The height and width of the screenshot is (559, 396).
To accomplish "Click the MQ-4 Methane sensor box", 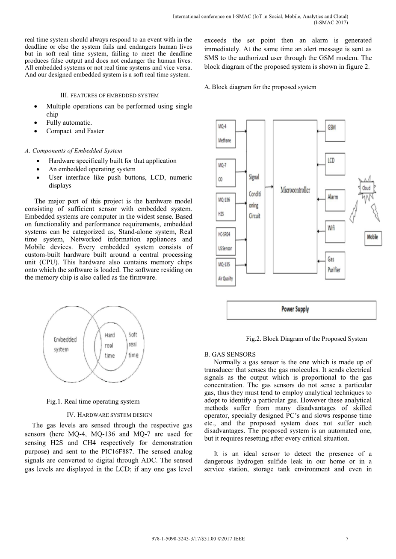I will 225,133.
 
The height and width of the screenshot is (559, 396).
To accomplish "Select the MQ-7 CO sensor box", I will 225,172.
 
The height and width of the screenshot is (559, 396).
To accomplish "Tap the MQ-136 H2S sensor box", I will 225,207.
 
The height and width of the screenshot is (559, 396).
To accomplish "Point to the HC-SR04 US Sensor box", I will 225,241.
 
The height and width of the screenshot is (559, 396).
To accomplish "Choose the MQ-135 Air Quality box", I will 225,272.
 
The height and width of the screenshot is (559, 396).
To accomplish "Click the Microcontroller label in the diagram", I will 295,190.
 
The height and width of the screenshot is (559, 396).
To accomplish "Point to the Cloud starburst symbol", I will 366,188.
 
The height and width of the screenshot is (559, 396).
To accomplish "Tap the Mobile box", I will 372,237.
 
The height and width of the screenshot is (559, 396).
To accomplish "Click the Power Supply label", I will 295,309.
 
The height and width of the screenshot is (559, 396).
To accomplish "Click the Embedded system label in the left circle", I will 65,344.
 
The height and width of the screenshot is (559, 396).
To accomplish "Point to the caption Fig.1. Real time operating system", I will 93,401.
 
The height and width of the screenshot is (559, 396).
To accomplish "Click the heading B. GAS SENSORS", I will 230,354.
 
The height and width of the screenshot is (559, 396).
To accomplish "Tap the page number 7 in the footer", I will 347,539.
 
